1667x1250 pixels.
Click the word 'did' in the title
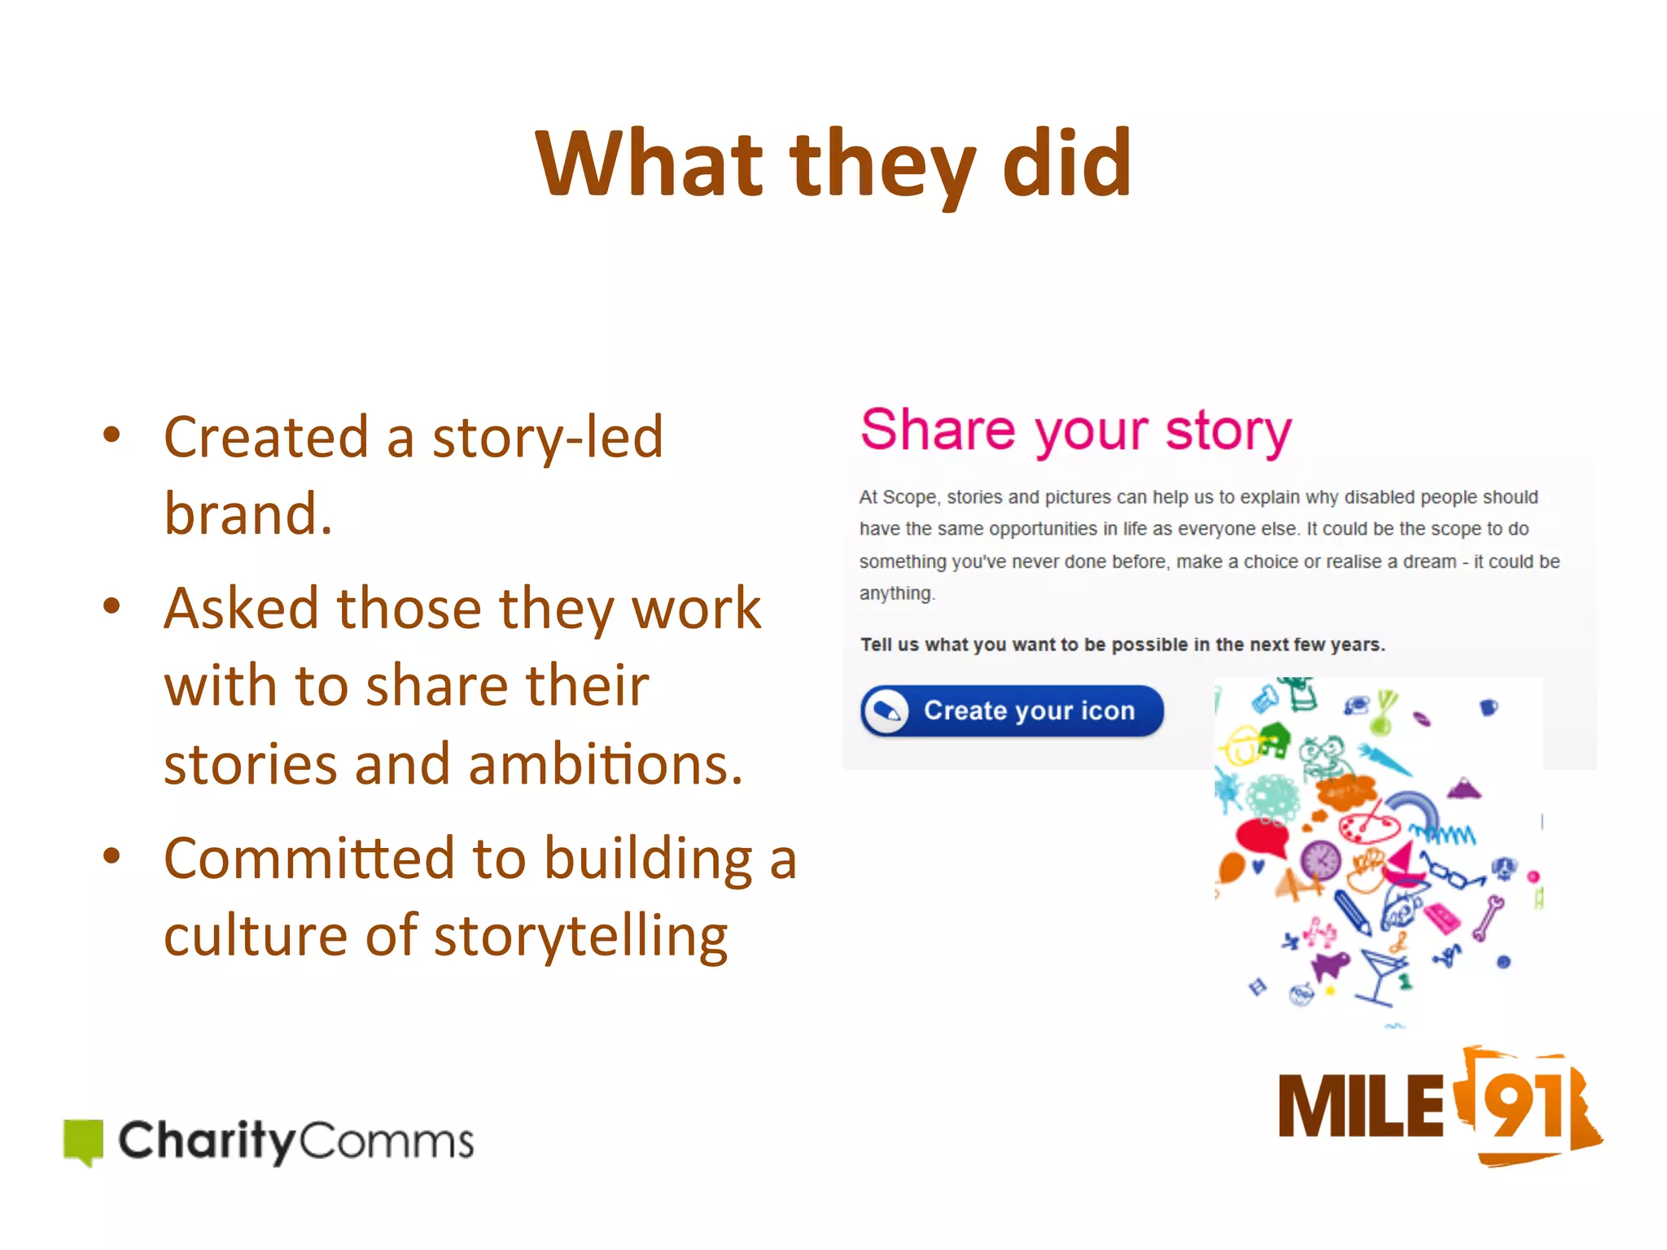tap(1066, 164)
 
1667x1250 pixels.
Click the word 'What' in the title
tap(648, 164)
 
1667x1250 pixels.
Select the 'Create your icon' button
tap(1012, 710)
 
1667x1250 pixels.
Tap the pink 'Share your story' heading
tap(1076, 431)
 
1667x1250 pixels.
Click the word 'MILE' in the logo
tap(1361, 1107)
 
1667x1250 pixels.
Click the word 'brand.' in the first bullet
tap(248, 514)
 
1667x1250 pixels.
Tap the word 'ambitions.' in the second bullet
tap(606, 765)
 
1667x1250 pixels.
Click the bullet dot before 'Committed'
tap(112, 856)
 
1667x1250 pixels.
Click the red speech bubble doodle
tap(1261, 837)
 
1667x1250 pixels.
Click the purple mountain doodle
tap(1464, 788)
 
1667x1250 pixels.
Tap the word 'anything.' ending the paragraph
tap(897, 593)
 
